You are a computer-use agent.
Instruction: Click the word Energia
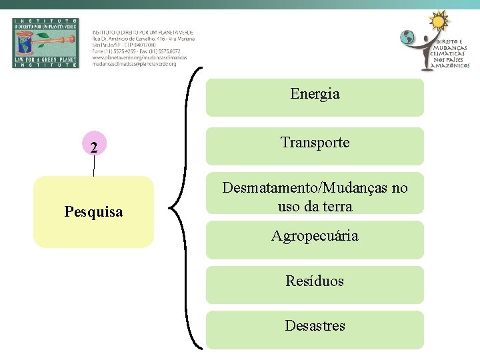click(x=315, y=94)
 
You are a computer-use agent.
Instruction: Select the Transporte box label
click(x=315, y=143)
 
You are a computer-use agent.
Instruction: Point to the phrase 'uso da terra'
click(x=315, y=207)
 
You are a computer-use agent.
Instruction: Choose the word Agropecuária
click(x=315, y=236)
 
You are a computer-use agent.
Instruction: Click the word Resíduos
click(x=315, y=281)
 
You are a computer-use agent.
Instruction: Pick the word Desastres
click(x=315, y=326)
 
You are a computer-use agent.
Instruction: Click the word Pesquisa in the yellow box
click(x=93, y=212)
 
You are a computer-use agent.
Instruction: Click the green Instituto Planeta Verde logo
click(x=45, y=43)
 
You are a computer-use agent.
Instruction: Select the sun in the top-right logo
click(x=438, y=21)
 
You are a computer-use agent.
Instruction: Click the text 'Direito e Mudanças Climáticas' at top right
click(x=451, y=54)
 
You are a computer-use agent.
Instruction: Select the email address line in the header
click(x=134, y=64)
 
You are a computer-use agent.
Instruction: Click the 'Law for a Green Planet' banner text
click(x=45, y=60)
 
